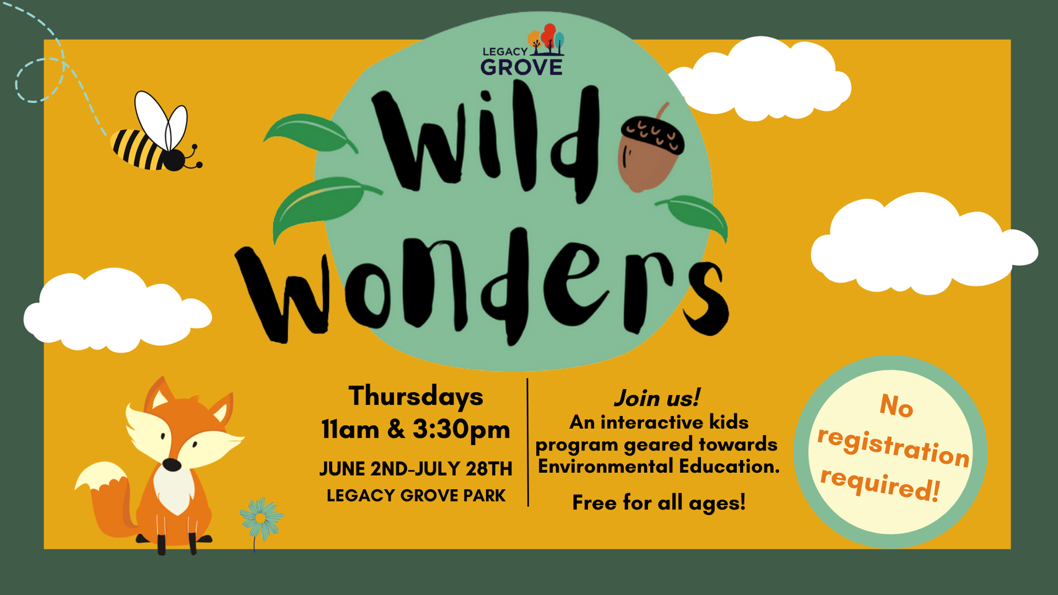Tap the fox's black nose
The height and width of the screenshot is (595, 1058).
(172, 465)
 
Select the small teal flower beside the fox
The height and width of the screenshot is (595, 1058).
(261, 519)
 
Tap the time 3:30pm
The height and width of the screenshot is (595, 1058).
(462, 430)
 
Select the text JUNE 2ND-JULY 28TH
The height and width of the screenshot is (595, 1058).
(416, 469)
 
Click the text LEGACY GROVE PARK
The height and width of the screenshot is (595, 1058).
(416, 495)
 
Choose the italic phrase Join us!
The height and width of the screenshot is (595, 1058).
(657, 398)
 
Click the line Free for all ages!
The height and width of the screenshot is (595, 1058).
(659, 503)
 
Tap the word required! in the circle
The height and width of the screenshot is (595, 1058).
(879, 485)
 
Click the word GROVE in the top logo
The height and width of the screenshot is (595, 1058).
(521, 67)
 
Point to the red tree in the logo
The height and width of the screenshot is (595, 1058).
(549, 36)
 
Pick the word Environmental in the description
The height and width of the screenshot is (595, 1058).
(606, 467)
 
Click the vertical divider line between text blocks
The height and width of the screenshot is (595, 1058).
(527, 443)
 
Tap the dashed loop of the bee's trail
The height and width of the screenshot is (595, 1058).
(40, 81)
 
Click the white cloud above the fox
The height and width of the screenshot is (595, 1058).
(118, 311)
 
